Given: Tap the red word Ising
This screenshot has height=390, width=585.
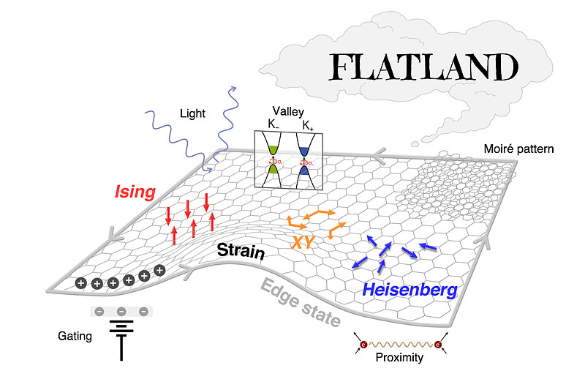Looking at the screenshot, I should [135, 192].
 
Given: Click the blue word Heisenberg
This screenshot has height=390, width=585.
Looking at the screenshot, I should [409, 290].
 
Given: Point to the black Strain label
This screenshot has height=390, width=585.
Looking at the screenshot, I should [241, 252].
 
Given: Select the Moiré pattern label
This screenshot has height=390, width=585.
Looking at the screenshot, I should [518, 149].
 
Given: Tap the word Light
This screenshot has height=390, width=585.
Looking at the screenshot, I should [193, 113].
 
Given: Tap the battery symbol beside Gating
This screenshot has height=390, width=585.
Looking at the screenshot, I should [121, 338].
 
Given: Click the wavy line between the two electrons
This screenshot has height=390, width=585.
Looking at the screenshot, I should [399, 343].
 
